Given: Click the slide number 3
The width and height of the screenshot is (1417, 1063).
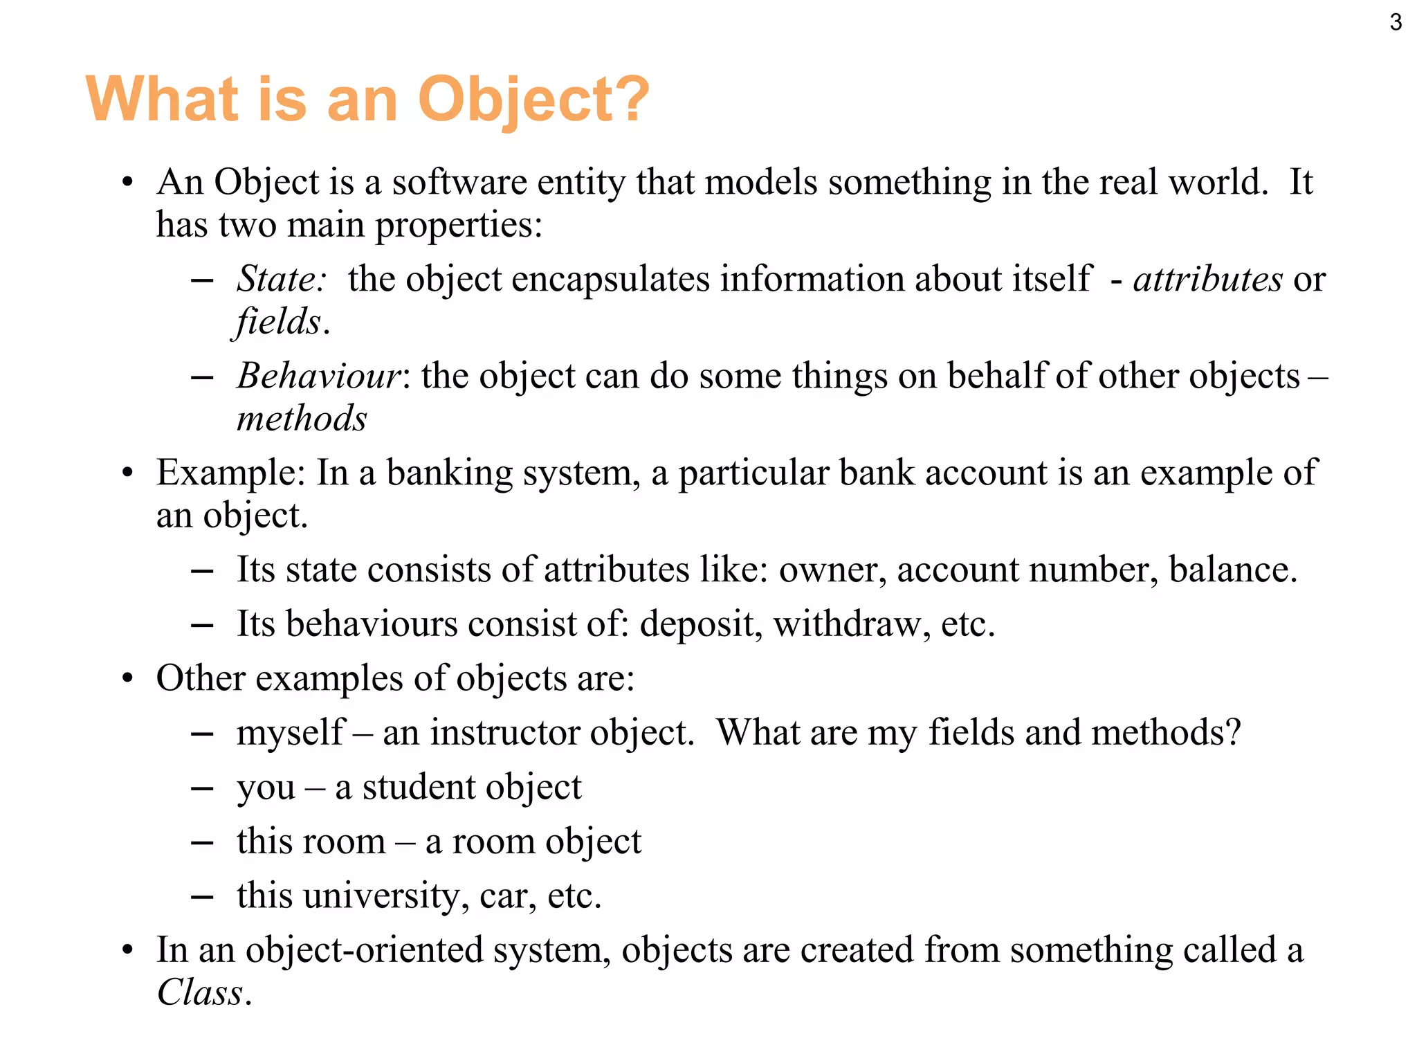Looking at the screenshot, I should [x=1396, y=23].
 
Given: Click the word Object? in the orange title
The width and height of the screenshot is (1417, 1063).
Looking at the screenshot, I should [x=533, y=100].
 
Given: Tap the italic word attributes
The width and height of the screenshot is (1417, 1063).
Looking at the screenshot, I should [x=1208, y=279].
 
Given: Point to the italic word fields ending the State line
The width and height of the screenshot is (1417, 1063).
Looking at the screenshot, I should [x=277, y=322].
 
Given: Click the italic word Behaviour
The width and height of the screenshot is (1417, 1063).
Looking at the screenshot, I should [x=319, y=376].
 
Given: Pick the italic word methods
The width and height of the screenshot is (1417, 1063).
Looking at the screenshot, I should [x=302, y=419].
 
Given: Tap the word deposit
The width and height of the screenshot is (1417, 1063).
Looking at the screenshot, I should [x=701, y=624].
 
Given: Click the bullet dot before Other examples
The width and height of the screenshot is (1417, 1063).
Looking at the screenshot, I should [x=127, y=679].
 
